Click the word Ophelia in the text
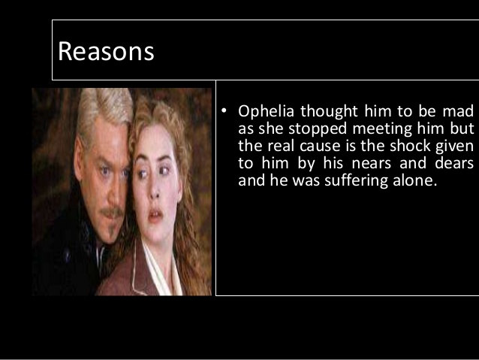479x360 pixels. click(267, 112)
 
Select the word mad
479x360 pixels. click(460, 112)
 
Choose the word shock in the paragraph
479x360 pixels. click(402, 146)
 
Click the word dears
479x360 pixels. click(455, 163)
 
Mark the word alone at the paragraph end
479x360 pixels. click(414, 180)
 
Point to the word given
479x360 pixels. click(453, 146)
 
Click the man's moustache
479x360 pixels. click(110, 213)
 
